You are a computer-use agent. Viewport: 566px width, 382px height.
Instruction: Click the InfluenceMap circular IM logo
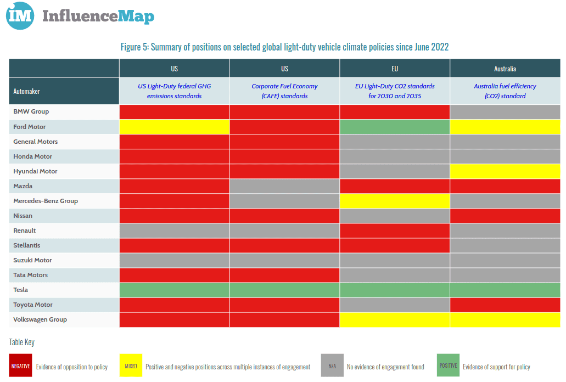(20, 16)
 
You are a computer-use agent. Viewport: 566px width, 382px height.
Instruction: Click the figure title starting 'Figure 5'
(284, 47)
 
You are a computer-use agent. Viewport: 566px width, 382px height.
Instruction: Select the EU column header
(395, 69)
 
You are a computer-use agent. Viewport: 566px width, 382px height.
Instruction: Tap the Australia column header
(505, 69)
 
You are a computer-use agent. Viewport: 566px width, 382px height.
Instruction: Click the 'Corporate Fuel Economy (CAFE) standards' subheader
(284, 91)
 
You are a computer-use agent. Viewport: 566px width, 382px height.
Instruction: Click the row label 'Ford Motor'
(30, 127)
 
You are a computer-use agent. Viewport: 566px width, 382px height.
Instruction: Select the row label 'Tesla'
(21, 290)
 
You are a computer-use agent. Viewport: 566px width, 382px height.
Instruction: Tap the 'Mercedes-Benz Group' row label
(46, 201)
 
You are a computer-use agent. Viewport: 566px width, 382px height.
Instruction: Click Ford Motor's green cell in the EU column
(395, 127)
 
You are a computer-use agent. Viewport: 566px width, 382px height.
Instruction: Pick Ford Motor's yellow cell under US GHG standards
(174, 127)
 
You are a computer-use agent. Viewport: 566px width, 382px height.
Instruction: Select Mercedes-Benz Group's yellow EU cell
(395, 201)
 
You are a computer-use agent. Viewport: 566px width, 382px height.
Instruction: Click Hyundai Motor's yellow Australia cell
(505, 171)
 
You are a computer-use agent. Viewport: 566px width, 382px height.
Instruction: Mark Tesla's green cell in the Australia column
(505, 290)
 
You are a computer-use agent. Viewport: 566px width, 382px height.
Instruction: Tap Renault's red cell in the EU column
(395, 231)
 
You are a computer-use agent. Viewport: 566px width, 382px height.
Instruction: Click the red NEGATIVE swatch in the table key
(21, 366)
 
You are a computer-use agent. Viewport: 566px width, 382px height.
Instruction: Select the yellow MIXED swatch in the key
(131, 366)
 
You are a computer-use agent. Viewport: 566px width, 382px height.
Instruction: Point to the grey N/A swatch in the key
(332, 366)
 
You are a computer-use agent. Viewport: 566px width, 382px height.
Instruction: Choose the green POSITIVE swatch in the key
(448, 366)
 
